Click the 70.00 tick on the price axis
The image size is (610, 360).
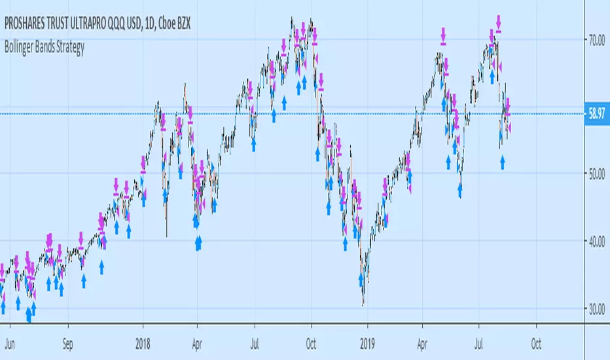coord(594,40)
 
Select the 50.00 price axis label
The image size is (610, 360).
coord(594,173)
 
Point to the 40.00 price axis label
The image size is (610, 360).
coord(594,242)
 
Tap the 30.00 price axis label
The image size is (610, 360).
coord(594,309)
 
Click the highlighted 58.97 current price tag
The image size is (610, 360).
coord(594,114)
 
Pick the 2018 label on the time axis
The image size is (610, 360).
coord(142,341)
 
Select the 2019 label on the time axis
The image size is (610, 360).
coord(368,341)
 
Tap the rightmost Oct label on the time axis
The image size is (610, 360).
coord(536,341)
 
